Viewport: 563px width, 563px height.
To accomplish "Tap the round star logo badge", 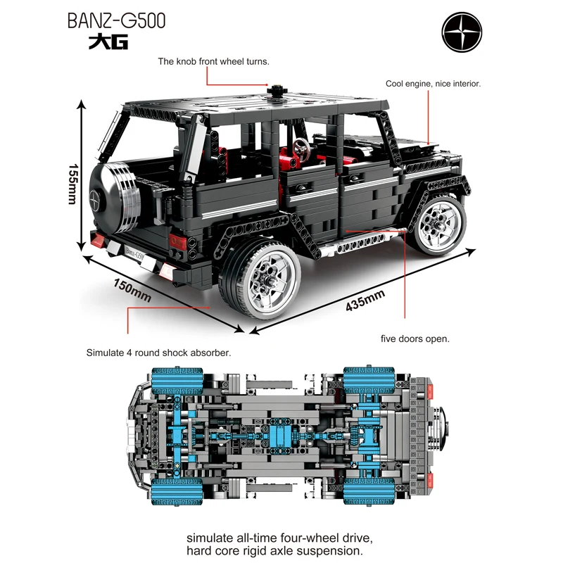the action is click(462, 32).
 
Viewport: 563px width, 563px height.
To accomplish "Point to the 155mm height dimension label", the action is click(73, 184).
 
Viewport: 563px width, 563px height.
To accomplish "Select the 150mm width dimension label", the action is click(132, 291).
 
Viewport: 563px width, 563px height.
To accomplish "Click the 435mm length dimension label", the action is click(365, 301).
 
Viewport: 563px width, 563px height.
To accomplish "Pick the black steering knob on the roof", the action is click(277, 91).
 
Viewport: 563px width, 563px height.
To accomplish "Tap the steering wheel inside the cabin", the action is click(301, 148).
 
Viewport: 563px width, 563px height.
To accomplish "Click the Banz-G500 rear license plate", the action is click(134, 254).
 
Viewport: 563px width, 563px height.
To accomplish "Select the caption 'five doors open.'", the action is click(415, 339).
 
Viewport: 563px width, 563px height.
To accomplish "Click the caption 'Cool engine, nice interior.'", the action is click(433, 84).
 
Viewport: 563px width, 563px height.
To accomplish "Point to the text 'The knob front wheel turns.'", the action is click(214, 61).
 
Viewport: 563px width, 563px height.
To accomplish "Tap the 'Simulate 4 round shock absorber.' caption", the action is click(159, 353).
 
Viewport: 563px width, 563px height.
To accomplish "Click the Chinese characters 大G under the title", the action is click(108, 42).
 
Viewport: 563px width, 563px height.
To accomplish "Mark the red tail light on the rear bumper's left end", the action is click(98, 240).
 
